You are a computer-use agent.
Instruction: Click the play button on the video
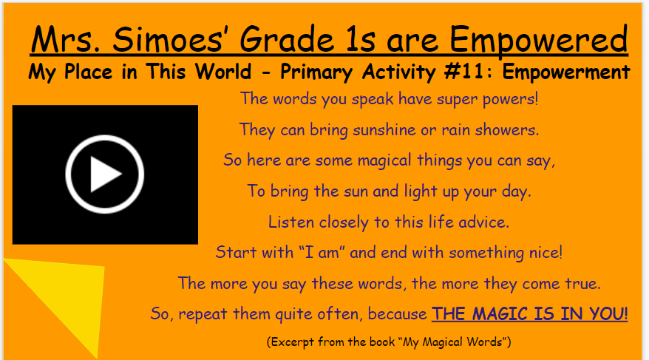104,174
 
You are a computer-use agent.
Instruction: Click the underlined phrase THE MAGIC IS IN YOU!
530,313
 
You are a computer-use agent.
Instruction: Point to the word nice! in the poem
544,252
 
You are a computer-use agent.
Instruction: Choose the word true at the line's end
580,283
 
